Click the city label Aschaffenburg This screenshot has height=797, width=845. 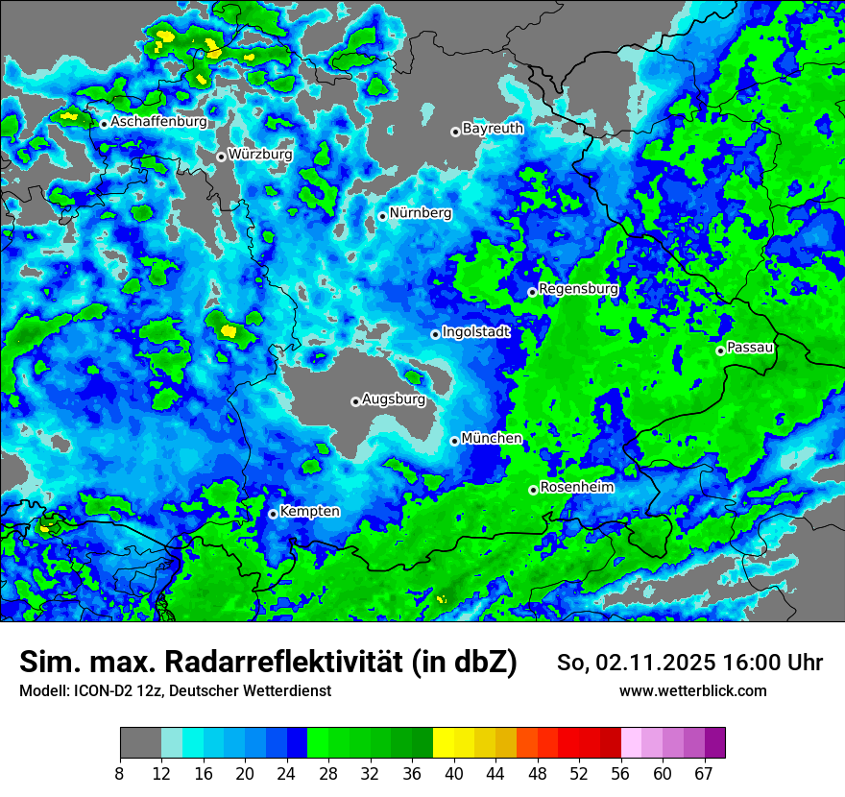(158, 123)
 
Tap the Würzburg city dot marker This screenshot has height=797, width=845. (221, 157)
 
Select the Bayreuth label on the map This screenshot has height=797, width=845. (493, 128)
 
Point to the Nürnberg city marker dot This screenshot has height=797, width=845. (382, 216)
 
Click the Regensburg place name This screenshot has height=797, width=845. (578, 288)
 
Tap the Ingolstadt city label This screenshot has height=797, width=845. (475, 331)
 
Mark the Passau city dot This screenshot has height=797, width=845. (720, 350)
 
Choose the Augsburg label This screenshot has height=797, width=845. (394, 398)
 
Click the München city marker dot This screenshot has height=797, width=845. (454, 441)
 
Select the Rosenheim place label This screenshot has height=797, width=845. (577, 487)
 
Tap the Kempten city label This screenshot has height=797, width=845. (309, 511)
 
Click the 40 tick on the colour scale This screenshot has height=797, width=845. (453, 773)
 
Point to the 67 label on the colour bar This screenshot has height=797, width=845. (704, 773)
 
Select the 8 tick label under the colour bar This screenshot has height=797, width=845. (120, 773)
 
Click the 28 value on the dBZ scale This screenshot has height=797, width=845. (328, 773)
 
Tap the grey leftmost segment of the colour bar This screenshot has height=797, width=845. (140, 743)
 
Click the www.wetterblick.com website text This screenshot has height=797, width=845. (692, 690)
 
